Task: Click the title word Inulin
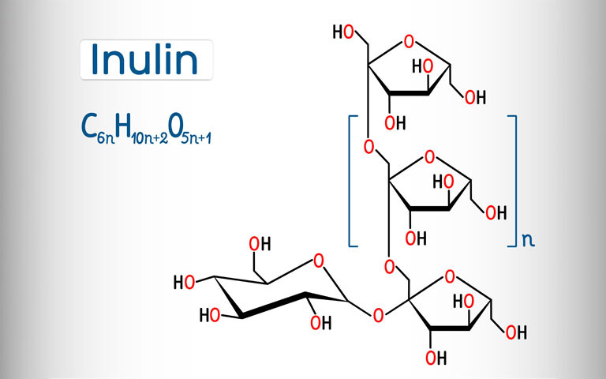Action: point(147,59)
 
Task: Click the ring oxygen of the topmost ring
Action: point(408,41)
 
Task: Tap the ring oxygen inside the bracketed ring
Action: point(429,156)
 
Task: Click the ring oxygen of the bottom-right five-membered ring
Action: point(450,276)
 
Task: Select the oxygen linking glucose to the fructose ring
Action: point(378,316)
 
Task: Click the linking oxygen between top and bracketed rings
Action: point(368,147)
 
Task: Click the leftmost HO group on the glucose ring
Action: point(184,282)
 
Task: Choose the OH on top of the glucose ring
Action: point(260,243)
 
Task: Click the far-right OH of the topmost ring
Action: point(475,98)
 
